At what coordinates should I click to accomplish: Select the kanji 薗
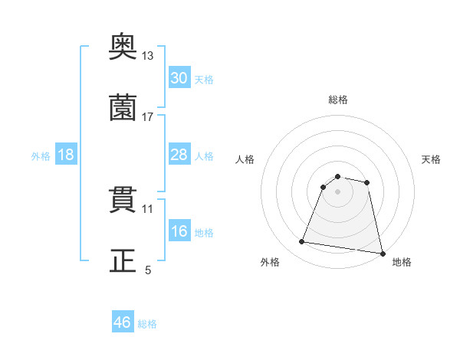click(x=123, y=107)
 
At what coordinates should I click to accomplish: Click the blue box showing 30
click(x=179, y=78)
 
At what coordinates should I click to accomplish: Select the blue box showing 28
click(x=179, y=155)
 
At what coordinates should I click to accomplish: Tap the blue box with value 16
click(x=179, y=232)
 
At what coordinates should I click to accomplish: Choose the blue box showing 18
click(x=66, y=155)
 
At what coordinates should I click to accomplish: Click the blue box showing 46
click(x=123, y=322)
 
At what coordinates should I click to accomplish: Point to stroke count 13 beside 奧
click(x=148, y=56)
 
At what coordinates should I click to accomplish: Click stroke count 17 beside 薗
click(x=148, y=117)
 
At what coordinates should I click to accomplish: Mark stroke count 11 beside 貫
click(x=148, y=208)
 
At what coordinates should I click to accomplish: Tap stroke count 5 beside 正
click(x=148, y=270)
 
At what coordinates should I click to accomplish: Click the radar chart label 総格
click(x=338, y=100)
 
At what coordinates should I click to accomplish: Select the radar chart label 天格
click(x=431, y=159)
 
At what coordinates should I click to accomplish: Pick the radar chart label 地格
click(x=402, y=262)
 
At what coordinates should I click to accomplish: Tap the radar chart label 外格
click(x=270, y=262)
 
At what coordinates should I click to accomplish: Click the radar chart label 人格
click(x=245, y=159)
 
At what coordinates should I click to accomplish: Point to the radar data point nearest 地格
click(x=381, y=253)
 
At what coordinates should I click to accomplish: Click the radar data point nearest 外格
click(x=302, y=242)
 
